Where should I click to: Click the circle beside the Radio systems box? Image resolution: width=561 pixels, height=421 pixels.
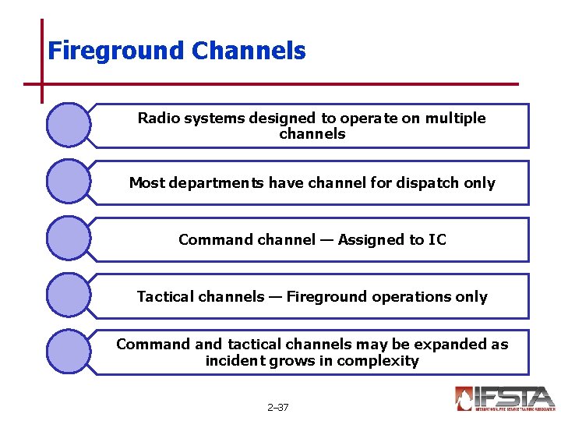(69, 125)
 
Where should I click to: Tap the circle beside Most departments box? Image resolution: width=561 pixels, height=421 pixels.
(69, 182)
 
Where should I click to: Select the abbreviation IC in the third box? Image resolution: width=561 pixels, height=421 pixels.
(437, 240)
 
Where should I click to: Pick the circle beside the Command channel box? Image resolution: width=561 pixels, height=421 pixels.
(69, 239)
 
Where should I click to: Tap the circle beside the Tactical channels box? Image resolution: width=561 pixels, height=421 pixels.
(69, 295)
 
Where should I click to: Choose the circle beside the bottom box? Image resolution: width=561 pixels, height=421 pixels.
(69, 352)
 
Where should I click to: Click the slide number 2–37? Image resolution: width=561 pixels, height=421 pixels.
(277, 407)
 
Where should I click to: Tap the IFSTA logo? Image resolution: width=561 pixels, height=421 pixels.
(504, 398)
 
